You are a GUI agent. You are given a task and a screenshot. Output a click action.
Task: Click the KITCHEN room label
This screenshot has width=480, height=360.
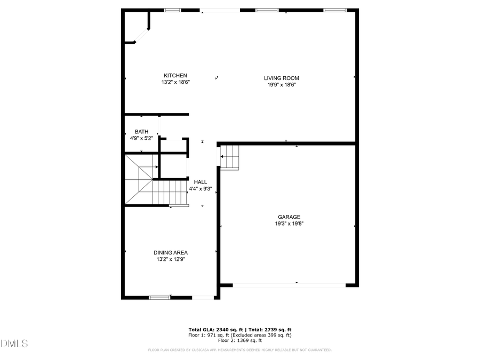tap(175, 75)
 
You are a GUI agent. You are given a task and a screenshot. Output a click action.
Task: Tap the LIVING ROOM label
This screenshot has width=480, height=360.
tap(281, 78)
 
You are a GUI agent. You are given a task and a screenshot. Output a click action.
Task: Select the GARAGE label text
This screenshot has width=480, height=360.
tap(289, 217)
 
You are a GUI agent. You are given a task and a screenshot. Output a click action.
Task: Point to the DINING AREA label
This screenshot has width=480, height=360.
tap(171, 253)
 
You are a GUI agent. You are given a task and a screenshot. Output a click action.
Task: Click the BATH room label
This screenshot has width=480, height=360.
tap(141, 132)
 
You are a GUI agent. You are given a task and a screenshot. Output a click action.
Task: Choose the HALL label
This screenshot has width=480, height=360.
tap(201, 182)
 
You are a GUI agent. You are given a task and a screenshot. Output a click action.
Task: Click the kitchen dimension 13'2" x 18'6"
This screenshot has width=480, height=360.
tap(175, 82)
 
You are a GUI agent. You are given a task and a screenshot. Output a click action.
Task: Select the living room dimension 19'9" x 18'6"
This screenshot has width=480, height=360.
tap(281, 84)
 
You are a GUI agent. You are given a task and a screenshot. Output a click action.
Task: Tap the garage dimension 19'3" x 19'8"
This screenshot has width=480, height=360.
tap(289, 223)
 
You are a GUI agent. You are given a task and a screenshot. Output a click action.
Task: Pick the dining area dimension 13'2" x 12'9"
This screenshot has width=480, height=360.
tap(171, 259)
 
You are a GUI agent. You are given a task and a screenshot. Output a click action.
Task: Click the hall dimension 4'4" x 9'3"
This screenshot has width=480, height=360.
tap(201, 188)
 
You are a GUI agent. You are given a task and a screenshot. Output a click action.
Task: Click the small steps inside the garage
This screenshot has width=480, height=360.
tap(230, 157)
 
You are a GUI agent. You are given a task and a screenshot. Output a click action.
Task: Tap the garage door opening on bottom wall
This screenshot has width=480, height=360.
tap(289, 285)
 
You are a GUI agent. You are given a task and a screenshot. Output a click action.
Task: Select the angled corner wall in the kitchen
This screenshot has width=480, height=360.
tap(140, 35)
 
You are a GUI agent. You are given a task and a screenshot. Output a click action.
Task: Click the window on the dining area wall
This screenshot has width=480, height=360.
tap(159, 297)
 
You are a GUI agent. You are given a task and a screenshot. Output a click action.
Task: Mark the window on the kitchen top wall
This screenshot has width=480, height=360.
tap(172, 10)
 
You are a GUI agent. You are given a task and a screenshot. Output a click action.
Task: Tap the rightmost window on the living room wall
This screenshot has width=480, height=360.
tap(334, 10)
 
